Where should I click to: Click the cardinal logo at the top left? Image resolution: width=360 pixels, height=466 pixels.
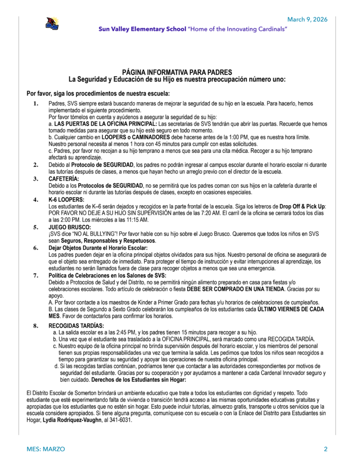pos(51,23)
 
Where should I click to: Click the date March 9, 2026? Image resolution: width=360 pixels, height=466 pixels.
pos(307,19)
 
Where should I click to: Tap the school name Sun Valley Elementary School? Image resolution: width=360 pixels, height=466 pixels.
pos(142,29)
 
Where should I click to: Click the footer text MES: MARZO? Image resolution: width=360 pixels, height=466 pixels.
pos(46,449)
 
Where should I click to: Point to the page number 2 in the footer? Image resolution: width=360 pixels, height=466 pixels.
pos(325,449)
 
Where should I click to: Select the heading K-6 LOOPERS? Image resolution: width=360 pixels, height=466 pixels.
pos(66,200)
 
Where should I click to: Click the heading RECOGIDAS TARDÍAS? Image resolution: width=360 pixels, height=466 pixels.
pos(76,326)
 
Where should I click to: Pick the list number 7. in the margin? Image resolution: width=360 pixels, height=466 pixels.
pos(35,275)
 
